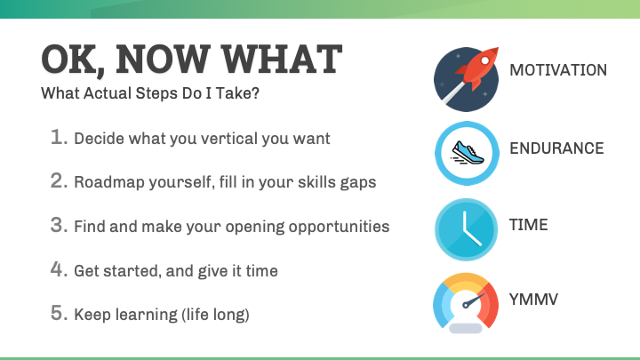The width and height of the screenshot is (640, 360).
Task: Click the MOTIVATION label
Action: point(557,70)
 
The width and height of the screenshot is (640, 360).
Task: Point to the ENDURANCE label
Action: point(556,148)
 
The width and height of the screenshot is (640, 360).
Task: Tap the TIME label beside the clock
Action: point(528,224)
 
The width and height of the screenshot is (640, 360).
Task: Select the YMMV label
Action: point(533,296)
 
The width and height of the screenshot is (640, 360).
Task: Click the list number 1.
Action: point(59,138)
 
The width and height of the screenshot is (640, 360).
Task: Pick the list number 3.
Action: point(59,226)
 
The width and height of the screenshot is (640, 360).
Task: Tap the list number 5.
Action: point(59,314)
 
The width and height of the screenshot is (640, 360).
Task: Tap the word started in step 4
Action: point(130,270)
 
